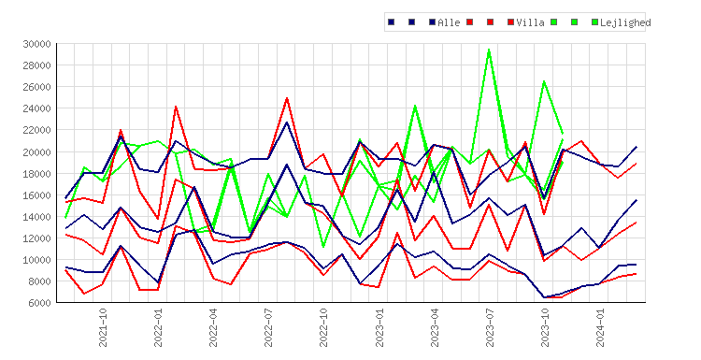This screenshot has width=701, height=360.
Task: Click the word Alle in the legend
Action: tap(449, 22)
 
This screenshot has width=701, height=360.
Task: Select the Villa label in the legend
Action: tap(530, 22)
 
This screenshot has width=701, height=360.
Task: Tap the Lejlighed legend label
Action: tap(625, 22)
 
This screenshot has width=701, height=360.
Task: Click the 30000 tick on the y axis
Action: tap(36, 44)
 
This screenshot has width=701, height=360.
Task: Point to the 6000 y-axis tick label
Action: tap(39, 303)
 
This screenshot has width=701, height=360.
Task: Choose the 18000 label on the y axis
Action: tap(36, 174)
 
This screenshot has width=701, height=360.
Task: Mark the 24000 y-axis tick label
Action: tap(36, 108)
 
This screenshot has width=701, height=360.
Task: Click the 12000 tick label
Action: tap(36, 238)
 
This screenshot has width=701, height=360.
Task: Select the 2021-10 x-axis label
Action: tap(103, 327)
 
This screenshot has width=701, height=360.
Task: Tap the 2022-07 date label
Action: tap(268, 327)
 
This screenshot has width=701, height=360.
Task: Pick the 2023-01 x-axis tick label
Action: tap(379, 327)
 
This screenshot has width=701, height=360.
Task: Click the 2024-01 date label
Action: tap(600, 327)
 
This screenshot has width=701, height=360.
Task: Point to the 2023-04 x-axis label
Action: tap(435, 327)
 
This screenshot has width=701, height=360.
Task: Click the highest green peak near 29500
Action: tap(489, 50)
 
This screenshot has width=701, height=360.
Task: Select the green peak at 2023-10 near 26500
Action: tap(544, 81)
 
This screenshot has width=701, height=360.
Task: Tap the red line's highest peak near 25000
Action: tap(287, 98)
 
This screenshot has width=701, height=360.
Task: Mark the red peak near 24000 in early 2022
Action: tap(176, 107)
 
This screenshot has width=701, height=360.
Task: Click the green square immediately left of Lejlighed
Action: tap(594, 22)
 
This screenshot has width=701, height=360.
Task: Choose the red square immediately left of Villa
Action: tap(510, 22)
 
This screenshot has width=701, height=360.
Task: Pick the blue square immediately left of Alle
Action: tap(433, 22)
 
